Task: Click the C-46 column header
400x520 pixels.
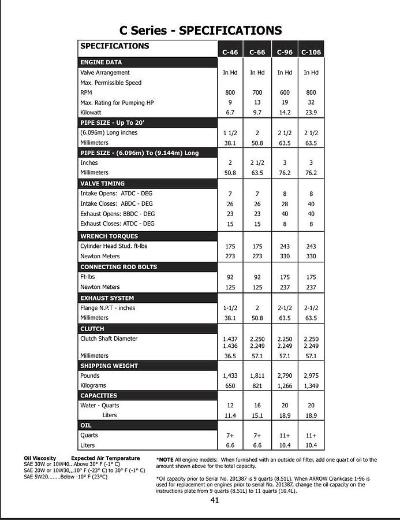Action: click(x=230, y=52)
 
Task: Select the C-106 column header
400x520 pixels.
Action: click(x=311, y=52)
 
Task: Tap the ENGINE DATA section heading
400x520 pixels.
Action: click(x=101, y=62)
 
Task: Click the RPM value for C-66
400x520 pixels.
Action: click(x=257, y=92)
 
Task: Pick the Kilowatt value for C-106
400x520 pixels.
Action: click(x=311, y=113)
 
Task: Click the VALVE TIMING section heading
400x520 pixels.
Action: click(x=102, y=183)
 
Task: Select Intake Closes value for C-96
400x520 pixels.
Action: click(x=285, y=204)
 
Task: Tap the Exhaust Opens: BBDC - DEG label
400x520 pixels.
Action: click(x=118, y=214)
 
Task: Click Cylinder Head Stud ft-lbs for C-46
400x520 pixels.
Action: click(x=230, y=246)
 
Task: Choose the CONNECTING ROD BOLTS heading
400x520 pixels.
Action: click(x=118, y=267)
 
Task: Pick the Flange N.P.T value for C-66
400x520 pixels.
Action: click(x=257, y=308)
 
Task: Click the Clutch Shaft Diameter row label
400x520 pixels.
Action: click(x=109, y=339)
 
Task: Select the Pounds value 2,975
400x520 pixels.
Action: click(x=311, y=376)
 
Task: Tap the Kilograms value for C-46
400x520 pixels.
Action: click(x=230, y=385)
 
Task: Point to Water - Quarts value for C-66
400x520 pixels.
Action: click(x=257, y=406)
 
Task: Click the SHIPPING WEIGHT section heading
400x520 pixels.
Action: click(x=109, y=366)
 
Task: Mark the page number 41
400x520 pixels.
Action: click(x=214, y=500)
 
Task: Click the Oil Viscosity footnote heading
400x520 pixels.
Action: click(x=40, y=458)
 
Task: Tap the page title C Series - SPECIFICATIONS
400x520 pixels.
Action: click(x=200, y=31)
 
